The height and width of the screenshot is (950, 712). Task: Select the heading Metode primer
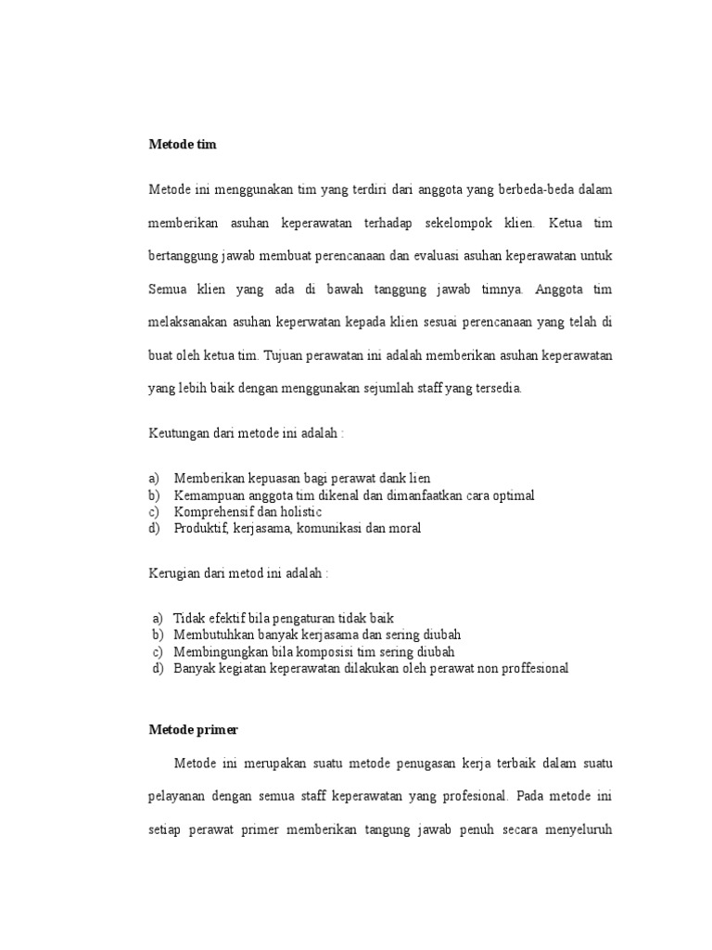pos(193,730)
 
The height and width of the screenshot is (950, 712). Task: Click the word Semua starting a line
pos(168,289)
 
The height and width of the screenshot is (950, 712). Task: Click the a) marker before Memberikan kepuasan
pos(155,479)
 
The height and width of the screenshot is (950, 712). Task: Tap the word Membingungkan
pos(220,651)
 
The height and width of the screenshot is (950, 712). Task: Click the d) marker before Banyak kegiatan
pos(157,668)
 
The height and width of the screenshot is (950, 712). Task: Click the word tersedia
pos(496,389)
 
